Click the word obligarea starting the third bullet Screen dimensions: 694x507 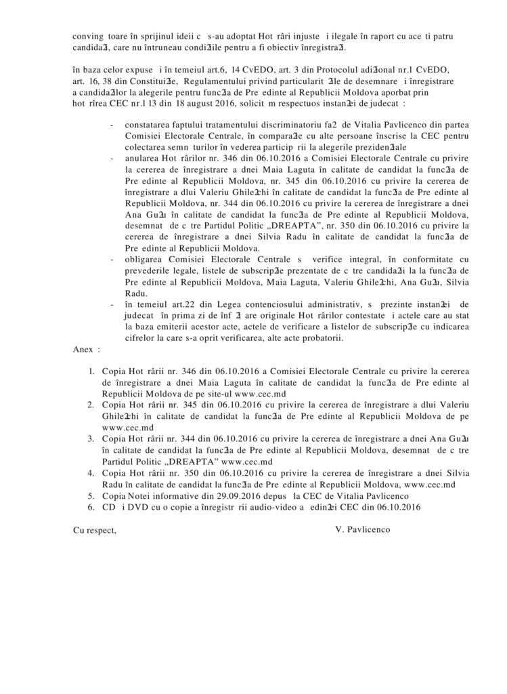pyautogui.click(x=144, y=260)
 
